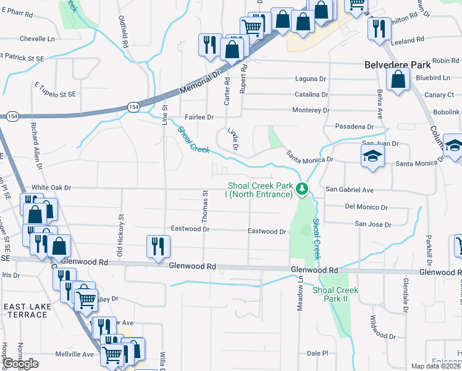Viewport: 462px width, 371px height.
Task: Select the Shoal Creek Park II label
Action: pos(335,294)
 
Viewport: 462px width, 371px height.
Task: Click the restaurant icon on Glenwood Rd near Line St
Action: pos(157,246)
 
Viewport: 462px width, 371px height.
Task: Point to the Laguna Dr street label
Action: pos(310,79)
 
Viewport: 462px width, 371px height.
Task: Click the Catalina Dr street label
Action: pos(311,95)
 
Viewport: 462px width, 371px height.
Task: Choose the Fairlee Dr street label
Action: pos(199,117)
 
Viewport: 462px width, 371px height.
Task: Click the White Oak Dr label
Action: pos(52,187)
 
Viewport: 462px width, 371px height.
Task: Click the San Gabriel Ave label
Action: pos(350,190)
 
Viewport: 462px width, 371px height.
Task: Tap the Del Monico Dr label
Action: pos(366,207)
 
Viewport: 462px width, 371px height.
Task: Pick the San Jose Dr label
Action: pos(373,224)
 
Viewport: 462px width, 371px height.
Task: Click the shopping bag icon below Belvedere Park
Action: pos(398,79)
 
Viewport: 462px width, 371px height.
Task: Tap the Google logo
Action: pos(21,364)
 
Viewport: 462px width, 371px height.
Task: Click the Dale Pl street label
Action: pos(317,353)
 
